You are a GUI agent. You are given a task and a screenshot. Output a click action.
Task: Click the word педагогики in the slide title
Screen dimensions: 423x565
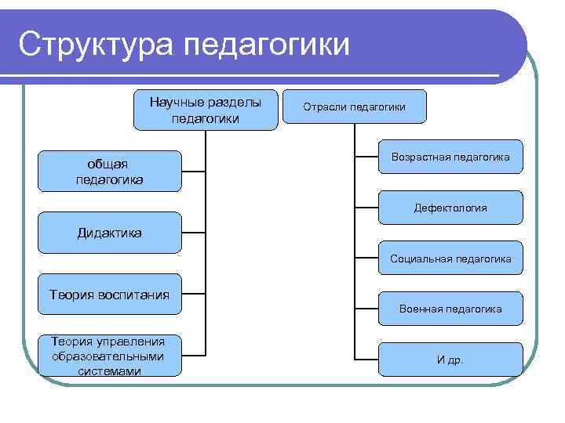266,45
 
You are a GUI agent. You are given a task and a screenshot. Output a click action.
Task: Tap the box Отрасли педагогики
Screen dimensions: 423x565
355,107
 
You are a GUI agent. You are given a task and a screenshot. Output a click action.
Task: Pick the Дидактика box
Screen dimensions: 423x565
109,233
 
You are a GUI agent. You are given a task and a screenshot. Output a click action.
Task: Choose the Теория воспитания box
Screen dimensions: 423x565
109,295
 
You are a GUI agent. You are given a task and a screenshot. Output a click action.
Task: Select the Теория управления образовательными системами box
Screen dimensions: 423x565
109,355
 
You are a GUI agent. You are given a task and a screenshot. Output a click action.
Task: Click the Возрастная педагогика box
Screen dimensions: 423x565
450,158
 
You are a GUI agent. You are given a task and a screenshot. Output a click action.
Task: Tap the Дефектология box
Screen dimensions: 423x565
450,208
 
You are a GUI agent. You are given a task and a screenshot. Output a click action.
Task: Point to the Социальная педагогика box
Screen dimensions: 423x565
450,258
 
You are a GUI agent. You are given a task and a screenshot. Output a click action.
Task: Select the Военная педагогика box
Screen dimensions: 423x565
450,309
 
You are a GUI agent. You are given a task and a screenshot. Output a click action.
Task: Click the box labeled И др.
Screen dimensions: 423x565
450,360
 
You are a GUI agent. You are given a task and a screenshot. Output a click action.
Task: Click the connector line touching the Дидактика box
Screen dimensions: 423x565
194,233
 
